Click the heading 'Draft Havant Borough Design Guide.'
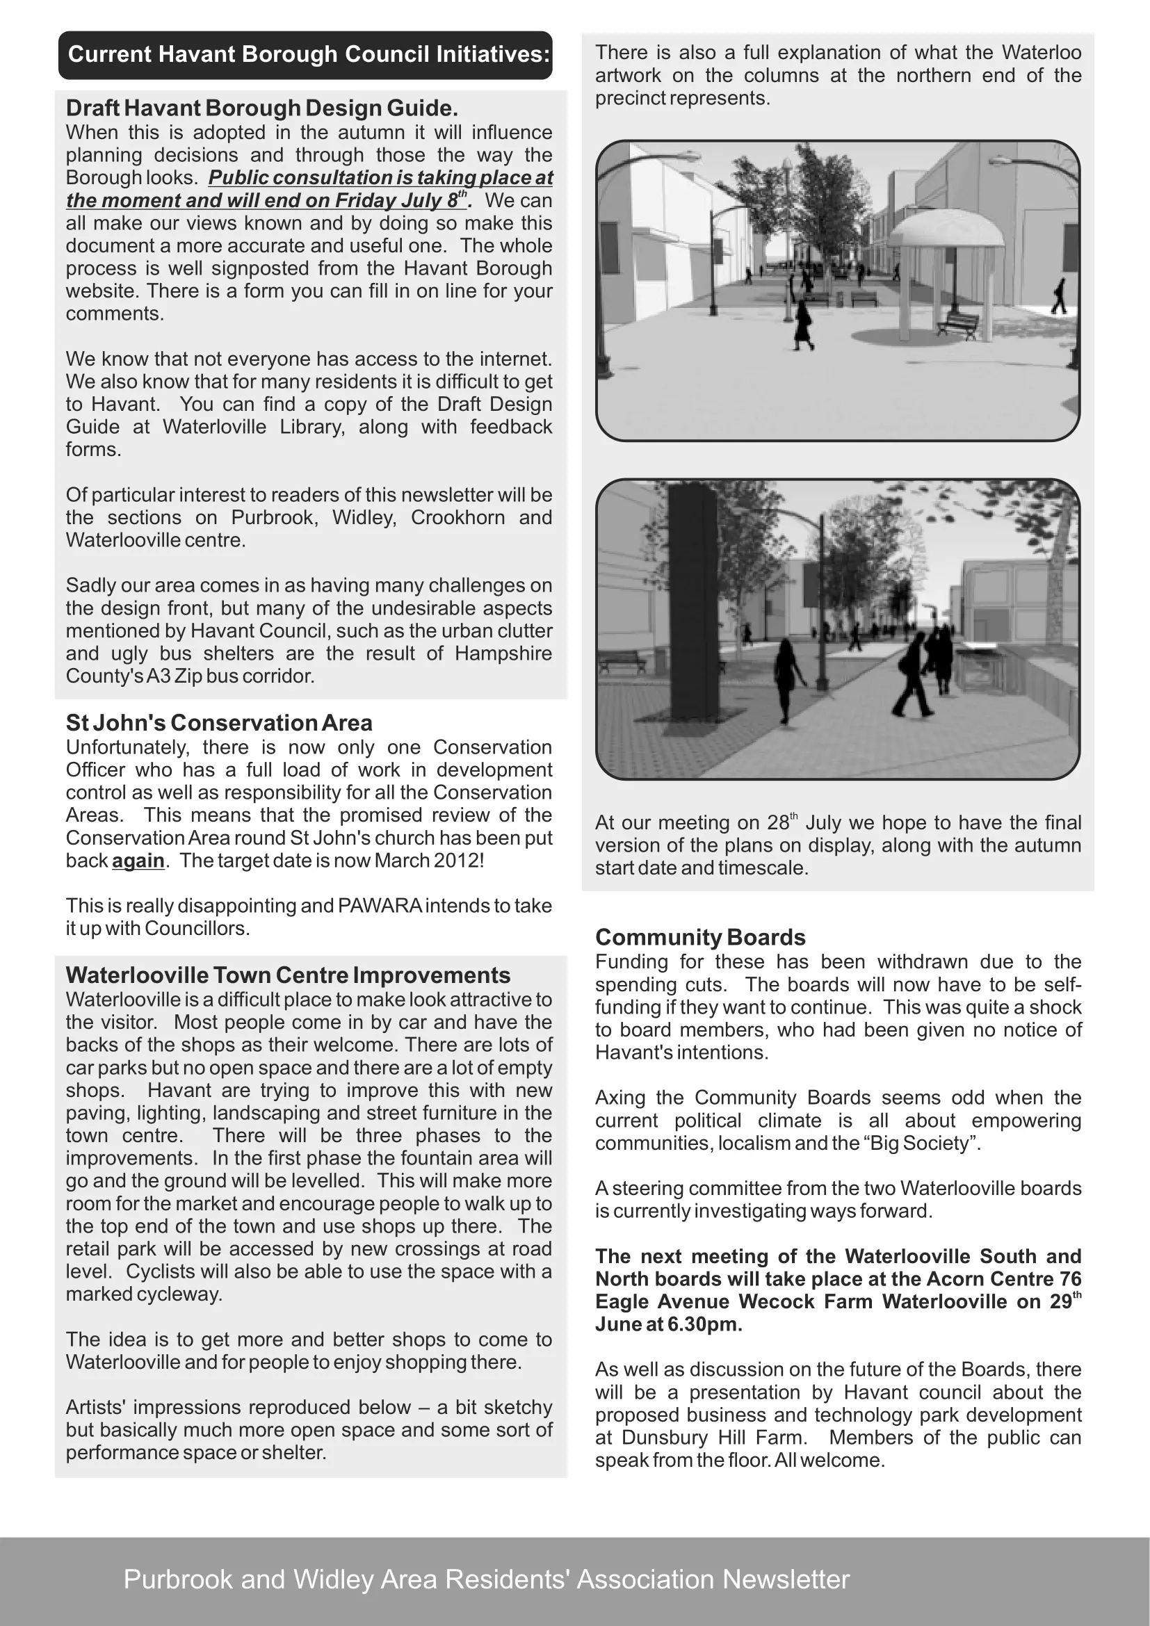[262, 108]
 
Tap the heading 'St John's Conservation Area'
[219, 723]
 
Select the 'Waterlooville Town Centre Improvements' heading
[288, 975]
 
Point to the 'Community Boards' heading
[699, 938]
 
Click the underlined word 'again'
[138, 861]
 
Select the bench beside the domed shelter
[957, 326]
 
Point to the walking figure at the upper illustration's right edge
[1059, 296]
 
